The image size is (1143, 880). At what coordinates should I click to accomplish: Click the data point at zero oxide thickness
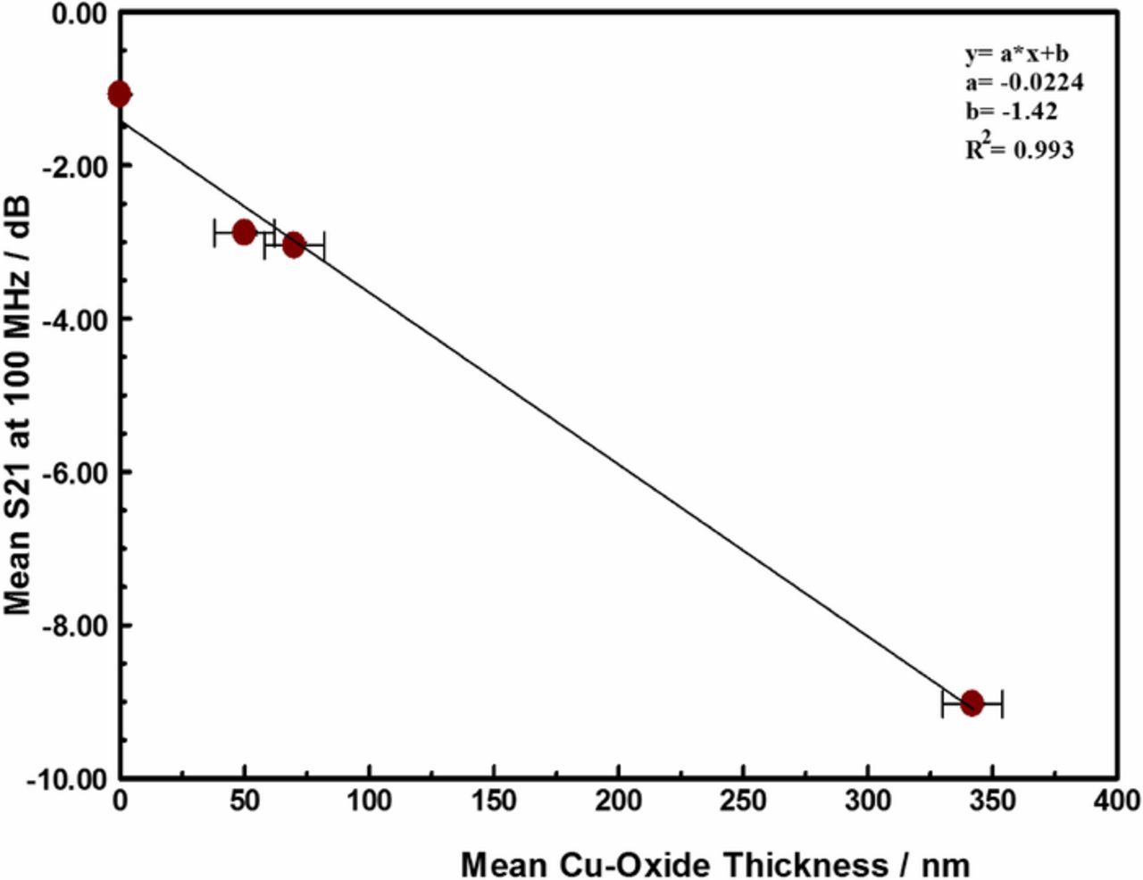point(119,94)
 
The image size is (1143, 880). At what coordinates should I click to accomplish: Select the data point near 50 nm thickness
point(244,233)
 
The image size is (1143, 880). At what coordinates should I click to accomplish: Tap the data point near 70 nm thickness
point(294,245)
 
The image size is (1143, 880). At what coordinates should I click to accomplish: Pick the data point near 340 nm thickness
point(972,703)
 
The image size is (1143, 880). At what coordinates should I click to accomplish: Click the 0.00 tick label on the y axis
point(78,14)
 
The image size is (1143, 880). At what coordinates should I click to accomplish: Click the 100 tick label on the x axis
point(369,801)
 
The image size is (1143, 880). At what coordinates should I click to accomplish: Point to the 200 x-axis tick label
point(618,801)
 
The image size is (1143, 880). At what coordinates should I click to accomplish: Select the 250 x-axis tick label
point(743,801)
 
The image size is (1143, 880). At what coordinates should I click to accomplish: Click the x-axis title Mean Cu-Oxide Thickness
point(714,864)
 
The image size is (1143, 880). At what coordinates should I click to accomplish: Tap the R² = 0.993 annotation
point(1019,147)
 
